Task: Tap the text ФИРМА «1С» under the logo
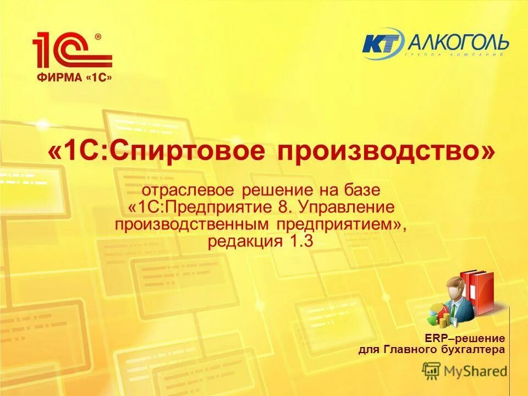tap(75, 78)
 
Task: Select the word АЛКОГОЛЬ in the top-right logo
tap(456, 41)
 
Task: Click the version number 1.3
tap(300, 241)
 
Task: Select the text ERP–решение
tap(464, 338)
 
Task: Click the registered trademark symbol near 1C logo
tap(98, 37)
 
